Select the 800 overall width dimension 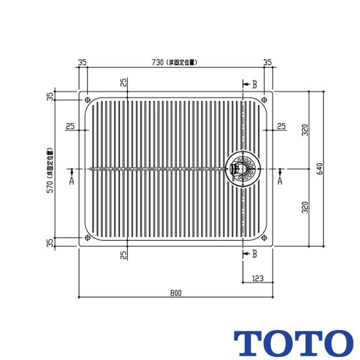coord(175,293)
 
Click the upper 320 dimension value coord(305,130)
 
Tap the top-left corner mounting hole coord(88,100)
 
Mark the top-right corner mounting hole coord(264,100)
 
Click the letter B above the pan coord(254,85)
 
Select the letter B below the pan coord(254,254)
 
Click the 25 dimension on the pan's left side coord(70,126)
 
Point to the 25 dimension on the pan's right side coord(281,126)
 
